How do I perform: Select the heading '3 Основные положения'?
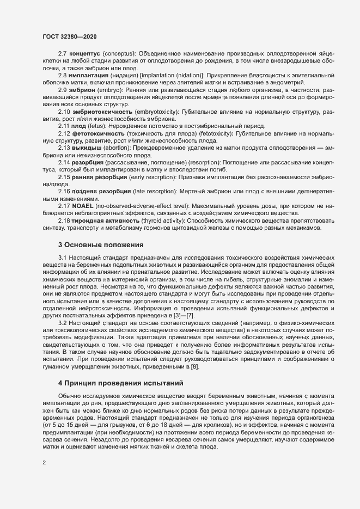tap(101, 230)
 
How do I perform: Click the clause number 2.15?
tap(64, 176)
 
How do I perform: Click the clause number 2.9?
tap(62, 89)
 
